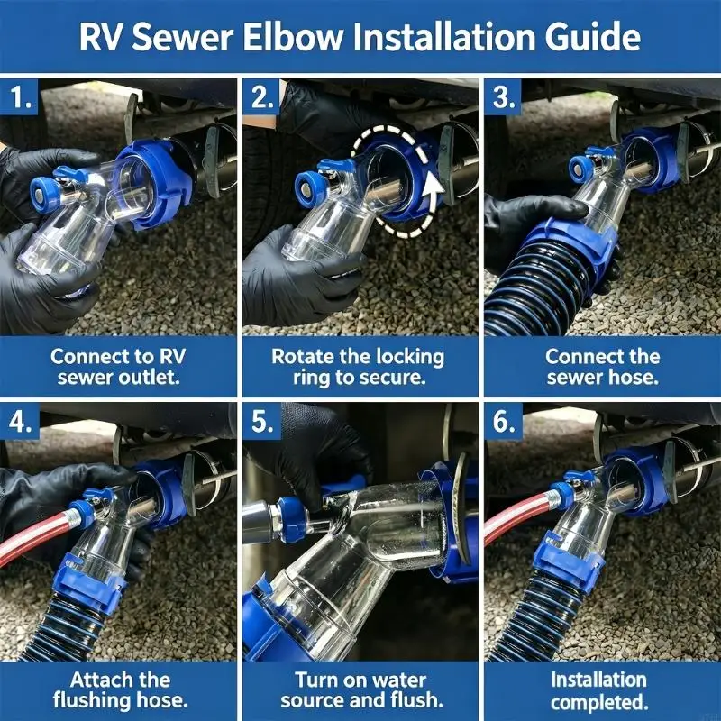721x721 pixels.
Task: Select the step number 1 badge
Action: (x=20, y=97)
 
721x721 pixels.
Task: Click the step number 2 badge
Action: (x=261, y=97)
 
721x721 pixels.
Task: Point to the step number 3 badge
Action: (x=503, y=97)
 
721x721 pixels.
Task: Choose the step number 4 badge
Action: (x=20, y=421)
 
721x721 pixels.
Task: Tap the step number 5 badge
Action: (x=261, y=421)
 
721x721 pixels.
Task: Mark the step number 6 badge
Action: (x=503, y=421)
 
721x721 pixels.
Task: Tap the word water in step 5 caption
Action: (x=401, y=680)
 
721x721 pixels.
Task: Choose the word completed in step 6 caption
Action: (x=599, y=702)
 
